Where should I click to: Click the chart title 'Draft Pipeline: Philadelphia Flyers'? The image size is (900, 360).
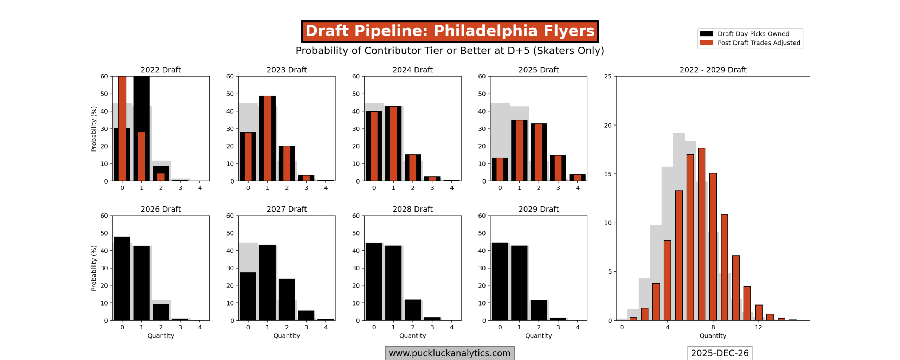click(x=450, y=31)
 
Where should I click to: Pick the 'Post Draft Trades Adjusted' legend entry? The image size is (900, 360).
click(x=758, y=43)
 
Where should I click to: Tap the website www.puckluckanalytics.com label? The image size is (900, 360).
click(x=449, y=353)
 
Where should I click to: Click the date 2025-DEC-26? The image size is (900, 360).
click(x=719, y=353)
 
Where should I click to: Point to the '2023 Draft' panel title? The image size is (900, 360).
click(x=287, y=70)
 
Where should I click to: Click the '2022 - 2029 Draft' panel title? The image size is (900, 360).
click(x=713, y=70)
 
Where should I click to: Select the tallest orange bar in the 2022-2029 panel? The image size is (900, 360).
click(x=701, y=234)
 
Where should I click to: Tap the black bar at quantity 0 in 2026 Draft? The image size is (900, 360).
click(x=122, y=278)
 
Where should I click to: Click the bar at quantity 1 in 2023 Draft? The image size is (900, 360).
click(x=267, y=138)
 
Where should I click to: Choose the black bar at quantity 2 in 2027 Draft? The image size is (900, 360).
click(x=287, y=299)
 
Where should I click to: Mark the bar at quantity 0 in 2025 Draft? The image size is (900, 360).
click(x=500, y=169)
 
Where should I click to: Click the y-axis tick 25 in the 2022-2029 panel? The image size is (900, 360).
click(x=607, y=76)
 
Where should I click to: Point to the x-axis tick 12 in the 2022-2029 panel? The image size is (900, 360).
click(x=758, y=327)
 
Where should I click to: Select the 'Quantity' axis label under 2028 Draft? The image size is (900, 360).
click(x=412, y=336)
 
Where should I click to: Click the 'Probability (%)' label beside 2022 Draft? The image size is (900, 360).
click(x=94, y=129)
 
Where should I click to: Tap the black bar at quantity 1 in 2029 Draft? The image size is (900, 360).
click(x=519, y=283)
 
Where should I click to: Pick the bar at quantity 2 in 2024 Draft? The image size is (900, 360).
click(x=412, y=168)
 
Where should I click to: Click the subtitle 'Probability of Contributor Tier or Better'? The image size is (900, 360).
click(x=450, y=51)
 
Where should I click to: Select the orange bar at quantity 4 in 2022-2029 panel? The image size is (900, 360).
click(x=667, y=280)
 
